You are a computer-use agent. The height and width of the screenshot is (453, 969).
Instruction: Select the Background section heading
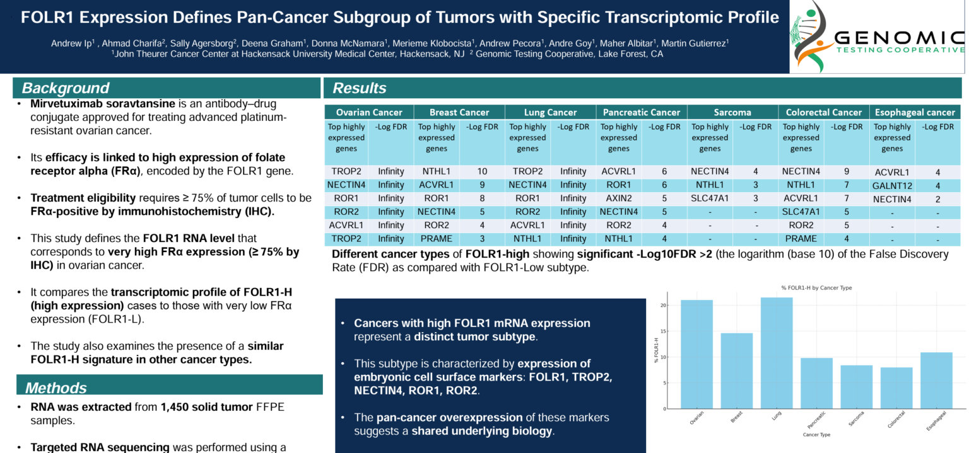[x=66, y=88]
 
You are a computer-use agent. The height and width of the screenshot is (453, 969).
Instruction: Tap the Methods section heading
[x=56, y=387]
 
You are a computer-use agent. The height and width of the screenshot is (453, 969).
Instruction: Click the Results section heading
[x=360, y=88]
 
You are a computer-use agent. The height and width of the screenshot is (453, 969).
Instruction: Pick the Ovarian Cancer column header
[x=369, y=112]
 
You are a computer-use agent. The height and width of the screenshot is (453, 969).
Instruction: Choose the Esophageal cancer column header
[x=915, y=112]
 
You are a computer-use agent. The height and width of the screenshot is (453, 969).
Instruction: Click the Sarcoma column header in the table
[x=732, y=112]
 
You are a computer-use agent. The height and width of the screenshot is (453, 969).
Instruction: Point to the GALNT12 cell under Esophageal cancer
[x=892, y=186]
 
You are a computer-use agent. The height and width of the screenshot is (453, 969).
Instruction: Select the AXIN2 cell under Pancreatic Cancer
[x=618, y=199]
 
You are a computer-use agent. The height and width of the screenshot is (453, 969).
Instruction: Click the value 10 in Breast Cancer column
[x=482, y=171]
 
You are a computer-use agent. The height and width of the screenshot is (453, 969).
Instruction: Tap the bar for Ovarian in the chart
[x=696, y=354]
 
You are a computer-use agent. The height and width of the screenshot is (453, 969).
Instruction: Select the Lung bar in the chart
[x=777, y=353]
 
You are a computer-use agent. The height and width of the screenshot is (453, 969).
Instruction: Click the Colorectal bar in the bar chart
[x=896, y=387]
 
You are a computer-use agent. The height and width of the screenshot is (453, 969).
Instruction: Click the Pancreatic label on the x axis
[x=814, y=420]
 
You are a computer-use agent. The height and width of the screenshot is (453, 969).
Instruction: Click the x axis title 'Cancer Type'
[x=816, y=435]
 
